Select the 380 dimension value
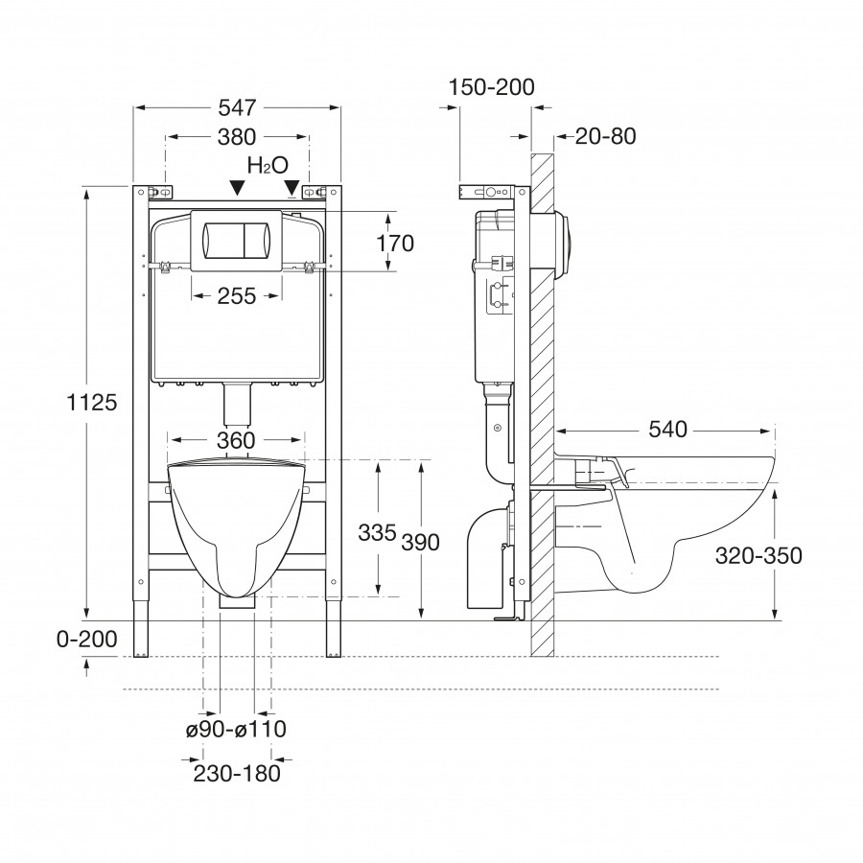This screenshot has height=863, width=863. (237, 136)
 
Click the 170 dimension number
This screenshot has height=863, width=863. (394, 244)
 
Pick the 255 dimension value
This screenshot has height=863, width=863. (237, 296)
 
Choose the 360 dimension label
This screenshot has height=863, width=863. (236, 440)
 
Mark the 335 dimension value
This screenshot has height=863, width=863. (377, 532)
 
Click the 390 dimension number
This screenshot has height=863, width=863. (420, 542)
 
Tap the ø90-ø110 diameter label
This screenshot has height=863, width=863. (236, 729)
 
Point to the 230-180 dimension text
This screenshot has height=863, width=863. (236, 773)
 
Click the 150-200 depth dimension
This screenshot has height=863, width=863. (491, 87)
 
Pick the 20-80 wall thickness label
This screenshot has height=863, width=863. (605, 136)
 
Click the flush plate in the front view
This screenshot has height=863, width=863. (237, 238)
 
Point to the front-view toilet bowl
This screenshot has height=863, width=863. (236, 523)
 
